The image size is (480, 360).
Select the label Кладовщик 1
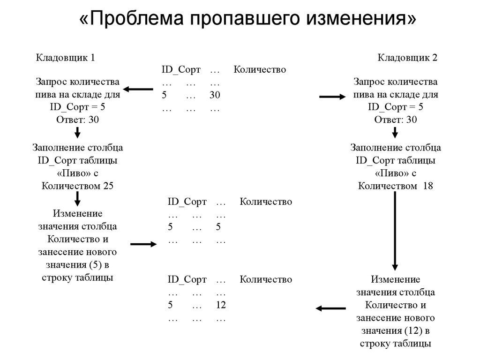point(66,58)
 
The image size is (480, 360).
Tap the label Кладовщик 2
point(407,58)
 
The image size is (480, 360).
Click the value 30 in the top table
point(215,95)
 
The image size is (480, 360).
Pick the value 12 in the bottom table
point(221,305)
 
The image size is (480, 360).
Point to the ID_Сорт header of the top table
point(181,70)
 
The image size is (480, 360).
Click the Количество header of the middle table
point(266,202)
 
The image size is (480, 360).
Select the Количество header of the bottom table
point(266,279)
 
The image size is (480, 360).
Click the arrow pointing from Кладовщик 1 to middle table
point(143,244)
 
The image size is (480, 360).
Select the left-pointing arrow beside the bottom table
point(331,308)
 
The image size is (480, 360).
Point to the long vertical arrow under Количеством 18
point(395,230)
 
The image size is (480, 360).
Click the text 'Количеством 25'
point(78,186)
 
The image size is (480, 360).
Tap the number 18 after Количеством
point(427,186)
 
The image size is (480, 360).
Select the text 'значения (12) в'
point(396,330)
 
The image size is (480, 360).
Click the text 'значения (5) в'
point(78,265)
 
